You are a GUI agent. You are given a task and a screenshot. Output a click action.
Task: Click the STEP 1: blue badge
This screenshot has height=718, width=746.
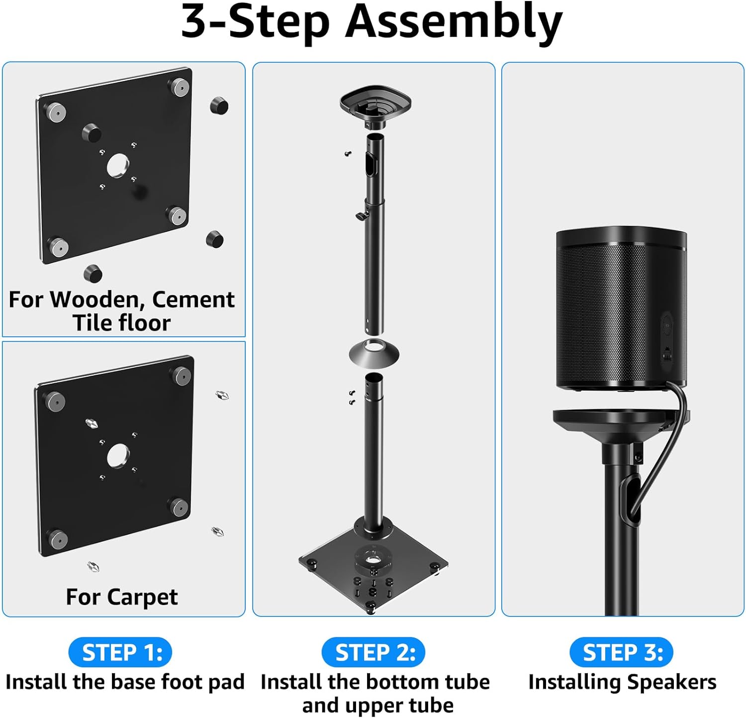pos(120,652)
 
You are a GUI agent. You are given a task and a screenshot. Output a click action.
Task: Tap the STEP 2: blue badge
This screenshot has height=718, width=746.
pos(373,652)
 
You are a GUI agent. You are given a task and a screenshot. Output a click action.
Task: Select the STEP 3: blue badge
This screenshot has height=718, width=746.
pos(622,652)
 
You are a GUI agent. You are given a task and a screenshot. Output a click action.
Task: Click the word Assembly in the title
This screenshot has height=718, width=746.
pos(453,22)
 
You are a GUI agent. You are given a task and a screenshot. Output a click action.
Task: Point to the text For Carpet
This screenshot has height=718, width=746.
pos(121,597)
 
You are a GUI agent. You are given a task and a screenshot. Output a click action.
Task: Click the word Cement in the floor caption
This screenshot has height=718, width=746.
pos(193,300)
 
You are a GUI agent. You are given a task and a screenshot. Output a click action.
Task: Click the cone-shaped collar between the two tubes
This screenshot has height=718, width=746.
pos(374,352)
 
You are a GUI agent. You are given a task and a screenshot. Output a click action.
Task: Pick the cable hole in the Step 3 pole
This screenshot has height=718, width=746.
pos(630,498)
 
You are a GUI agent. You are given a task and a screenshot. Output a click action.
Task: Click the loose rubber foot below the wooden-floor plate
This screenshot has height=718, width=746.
pos(93,273)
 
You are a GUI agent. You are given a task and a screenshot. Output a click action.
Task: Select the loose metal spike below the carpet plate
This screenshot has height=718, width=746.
pos(93,566)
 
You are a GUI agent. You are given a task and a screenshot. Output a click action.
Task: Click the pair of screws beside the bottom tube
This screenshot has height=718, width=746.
pos(352,397)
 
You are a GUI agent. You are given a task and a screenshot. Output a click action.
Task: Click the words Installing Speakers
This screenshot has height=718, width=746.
pos(622,682)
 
